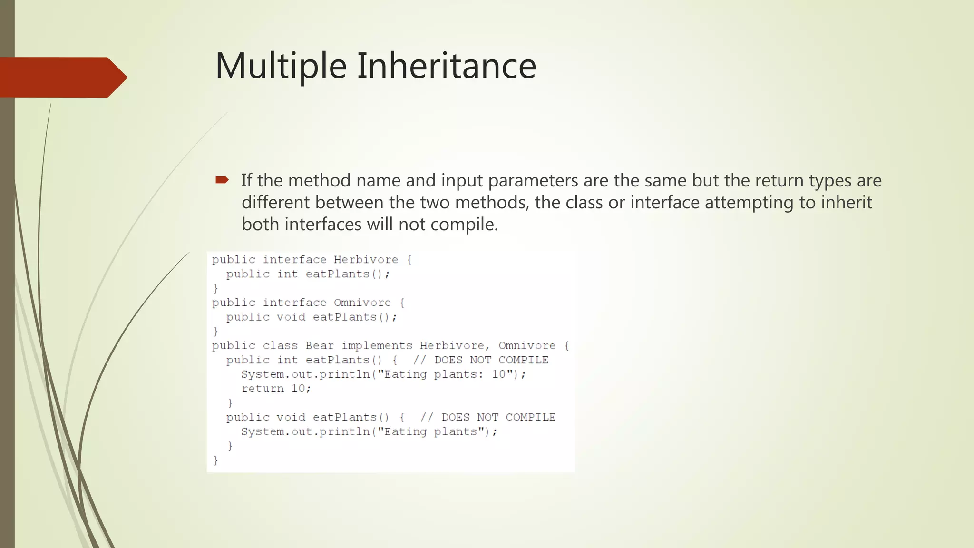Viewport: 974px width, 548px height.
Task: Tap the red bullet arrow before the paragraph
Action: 222,180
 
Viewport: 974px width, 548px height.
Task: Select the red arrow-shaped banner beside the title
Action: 62,77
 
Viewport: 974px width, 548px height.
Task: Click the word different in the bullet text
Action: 275,203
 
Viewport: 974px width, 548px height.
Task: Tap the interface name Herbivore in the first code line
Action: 365,260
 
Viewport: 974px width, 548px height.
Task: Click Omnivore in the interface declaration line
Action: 362,303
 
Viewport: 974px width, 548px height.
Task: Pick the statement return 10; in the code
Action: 276,389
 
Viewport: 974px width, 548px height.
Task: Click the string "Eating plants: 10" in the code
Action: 448,374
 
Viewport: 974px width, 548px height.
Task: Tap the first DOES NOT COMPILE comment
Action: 480,360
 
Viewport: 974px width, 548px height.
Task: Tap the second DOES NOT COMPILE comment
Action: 488,417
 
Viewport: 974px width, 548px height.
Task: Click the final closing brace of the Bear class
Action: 215,460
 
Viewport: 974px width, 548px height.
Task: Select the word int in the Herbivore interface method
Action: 287,274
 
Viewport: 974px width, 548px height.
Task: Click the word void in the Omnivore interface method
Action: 291,317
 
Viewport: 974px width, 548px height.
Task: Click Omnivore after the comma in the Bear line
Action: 527,346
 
